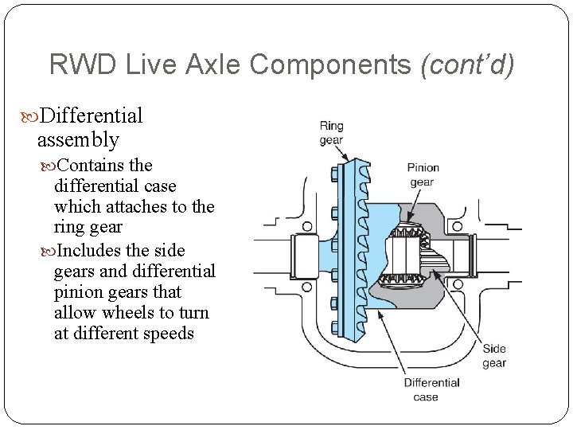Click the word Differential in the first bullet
coord(91,116)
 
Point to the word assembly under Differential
coord(78,140)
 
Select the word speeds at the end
coord(168,332)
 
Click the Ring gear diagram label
coord(332,133)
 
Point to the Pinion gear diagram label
coord(423,174)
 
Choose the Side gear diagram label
coord(493,356)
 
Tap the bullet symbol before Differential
coord(31,117)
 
